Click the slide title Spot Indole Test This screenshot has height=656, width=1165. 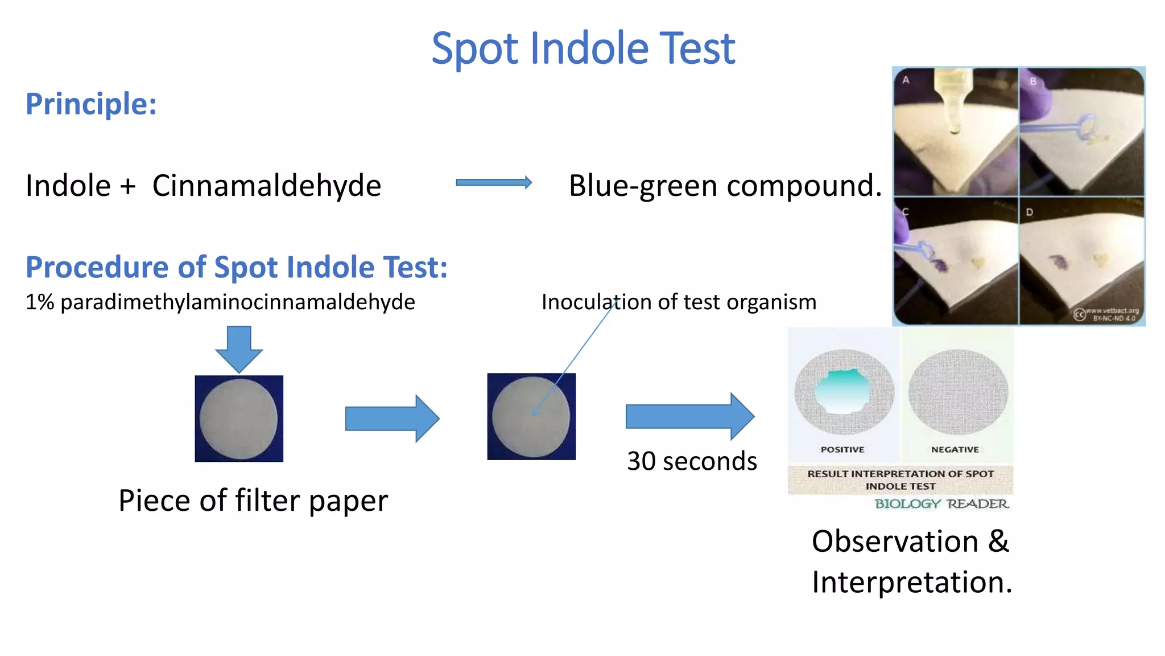tap(583, 48)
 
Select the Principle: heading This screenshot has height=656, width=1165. tap(91, 104)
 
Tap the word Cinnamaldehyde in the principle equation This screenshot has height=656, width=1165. tap(266, 186)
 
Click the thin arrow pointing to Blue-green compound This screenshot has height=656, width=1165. tap(494, 182)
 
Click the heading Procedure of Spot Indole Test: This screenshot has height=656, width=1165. tap(237, 267)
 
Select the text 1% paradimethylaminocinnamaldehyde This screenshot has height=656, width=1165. tap(220, 302)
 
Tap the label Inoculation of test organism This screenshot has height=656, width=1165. tap(679, 302)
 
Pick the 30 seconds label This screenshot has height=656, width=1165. tap(692, 461)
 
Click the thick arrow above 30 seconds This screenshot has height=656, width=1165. tap(689, 416)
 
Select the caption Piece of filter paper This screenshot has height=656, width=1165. tap(253, 501)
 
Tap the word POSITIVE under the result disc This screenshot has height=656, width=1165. tap(842, 449)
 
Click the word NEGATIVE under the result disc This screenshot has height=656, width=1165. tap(955, 449)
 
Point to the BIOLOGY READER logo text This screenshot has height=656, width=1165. tap(941, 504)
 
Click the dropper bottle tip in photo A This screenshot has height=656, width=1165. tap(955, 128)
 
